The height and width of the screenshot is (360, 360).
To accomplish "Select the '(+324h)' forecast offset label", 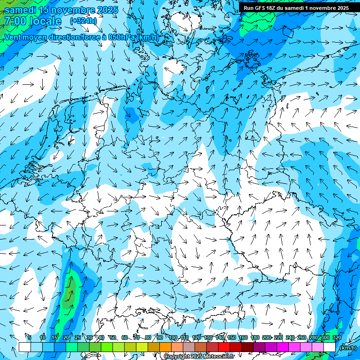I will click(x=83, y=21).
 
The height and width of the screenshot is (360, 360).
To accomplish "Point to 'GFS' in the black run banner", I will click(x=262, y=8).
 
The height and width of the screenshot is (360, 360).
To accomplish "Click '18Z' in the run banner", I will click(x=274, y=8).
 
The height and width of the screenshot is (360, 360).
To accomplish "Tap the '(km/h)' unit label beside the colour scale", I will click(x=347, y=348).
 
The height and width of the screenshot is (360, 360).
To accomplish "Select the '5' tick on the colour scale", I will click(x=30, y=337).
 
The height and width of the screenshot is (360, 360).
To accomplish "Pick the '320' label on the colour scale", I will click(x=337, y=337).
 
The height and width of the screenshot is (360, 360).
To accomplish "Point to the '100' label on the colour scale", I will click(x=173, y=337).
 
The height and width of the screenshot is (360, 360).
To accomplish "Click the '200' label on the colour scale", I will click(x=267, y=337).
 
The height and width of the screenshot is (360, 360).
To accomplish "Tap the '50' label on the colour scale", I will click(x=113, y=337).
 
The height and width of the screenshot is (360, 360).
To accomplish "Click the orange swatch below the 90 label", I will click(x=165, y=347).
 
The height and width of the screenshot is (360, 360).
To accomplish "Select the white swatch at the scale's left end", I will click(x=24, y=347).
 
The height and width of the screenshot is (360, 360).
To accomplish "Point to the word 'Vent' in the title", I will click(x=14, y=37).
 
